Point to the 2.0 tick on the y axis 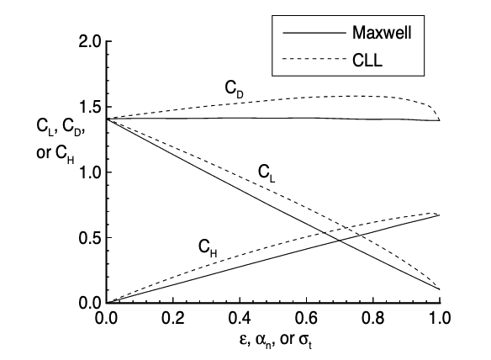pos(87,42)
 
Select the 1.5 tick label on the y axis pos(87,107)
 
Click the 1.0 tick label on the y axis pos(87,172)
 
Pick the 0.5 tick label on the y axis pos(87,237)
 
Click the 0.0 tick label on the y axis pos(87,302)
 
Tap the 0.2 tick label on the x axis pos(172,320)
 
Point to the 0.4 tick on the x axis pos(240,320)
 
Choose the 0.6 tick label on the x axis pos(306,320)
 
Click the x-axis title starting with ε pos(272,342)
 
